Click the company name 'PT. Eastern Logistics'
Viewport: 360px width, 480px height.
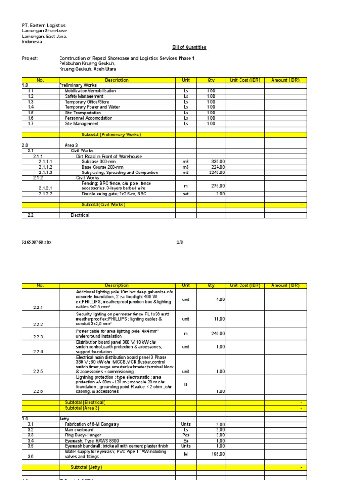[x=44, y=25]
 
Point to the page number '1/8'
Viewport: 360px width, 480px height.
[x=180, y=242]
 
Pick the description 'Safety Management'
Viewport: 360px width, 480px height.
[x=84, y=97]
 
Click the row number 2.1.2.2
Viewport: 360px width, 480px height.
[x=45, y=194]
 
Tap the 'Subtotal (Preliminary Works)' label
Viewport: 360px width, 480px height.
[x=111, y=135]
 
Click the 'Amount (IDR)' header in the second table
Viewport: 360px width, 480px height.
[x=285, y=285]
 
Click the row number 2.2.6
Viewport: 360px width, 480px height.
[x=38, y=391]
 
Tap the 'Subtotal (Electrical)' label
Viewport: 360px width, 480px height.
[x=85, y=403]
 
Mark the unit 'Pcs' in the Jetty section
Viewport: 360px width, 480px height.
[x=186, y=435]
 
